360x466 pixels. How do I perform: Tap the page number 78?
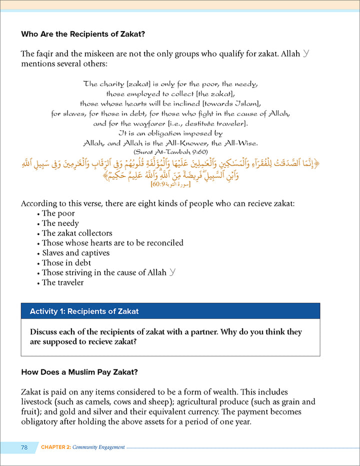pos(24,446)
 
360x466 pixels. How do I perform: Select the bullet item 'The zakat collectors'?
pos(77,233)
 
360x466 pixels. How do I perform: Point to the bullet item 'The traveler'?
pos(63,282)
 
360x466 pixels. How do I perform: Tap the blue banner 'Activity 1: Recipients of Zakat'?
pos(170,311)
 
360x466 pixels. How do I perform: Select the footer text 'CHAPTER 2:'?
pos(60,447)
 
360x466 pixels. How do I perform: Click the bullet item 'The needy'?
pos(60,223)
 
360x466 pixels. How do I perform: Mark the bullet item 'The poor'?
pos(58,213)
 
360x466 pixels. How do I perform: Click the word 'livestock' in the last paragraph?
pos(38,402)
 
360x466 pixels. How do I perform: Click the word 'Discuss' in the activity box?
pos(45,332)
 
